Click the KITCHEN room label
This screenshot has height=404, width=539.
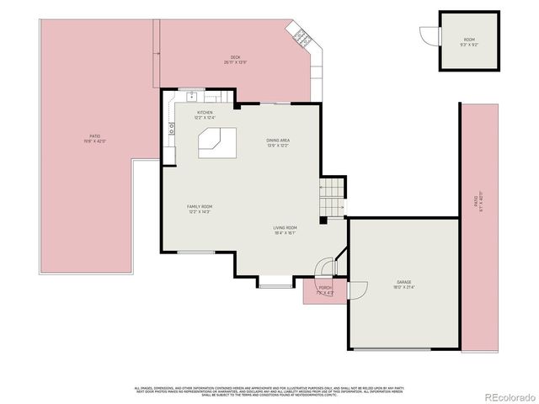pos(205,114)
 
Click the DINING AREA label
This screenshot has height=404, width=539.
pos(278,142)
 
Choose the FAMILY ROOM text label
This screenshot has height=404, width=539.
pos(200,209)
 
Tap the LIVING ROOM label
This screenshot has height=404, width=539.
pos(285,230)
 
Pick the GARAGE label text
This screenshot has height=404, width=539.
pos(404,284)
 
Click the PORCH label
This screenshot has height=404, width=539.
pos(324,290)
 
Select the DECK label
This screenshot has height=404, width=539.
pos(235,60)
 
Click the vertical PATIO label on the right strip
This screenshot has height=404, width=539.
pos(478,202)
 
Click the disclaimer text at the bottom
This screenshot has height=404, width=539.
pos(269,391)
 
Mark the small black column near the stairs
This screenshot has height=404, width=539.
pos(323,221)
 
